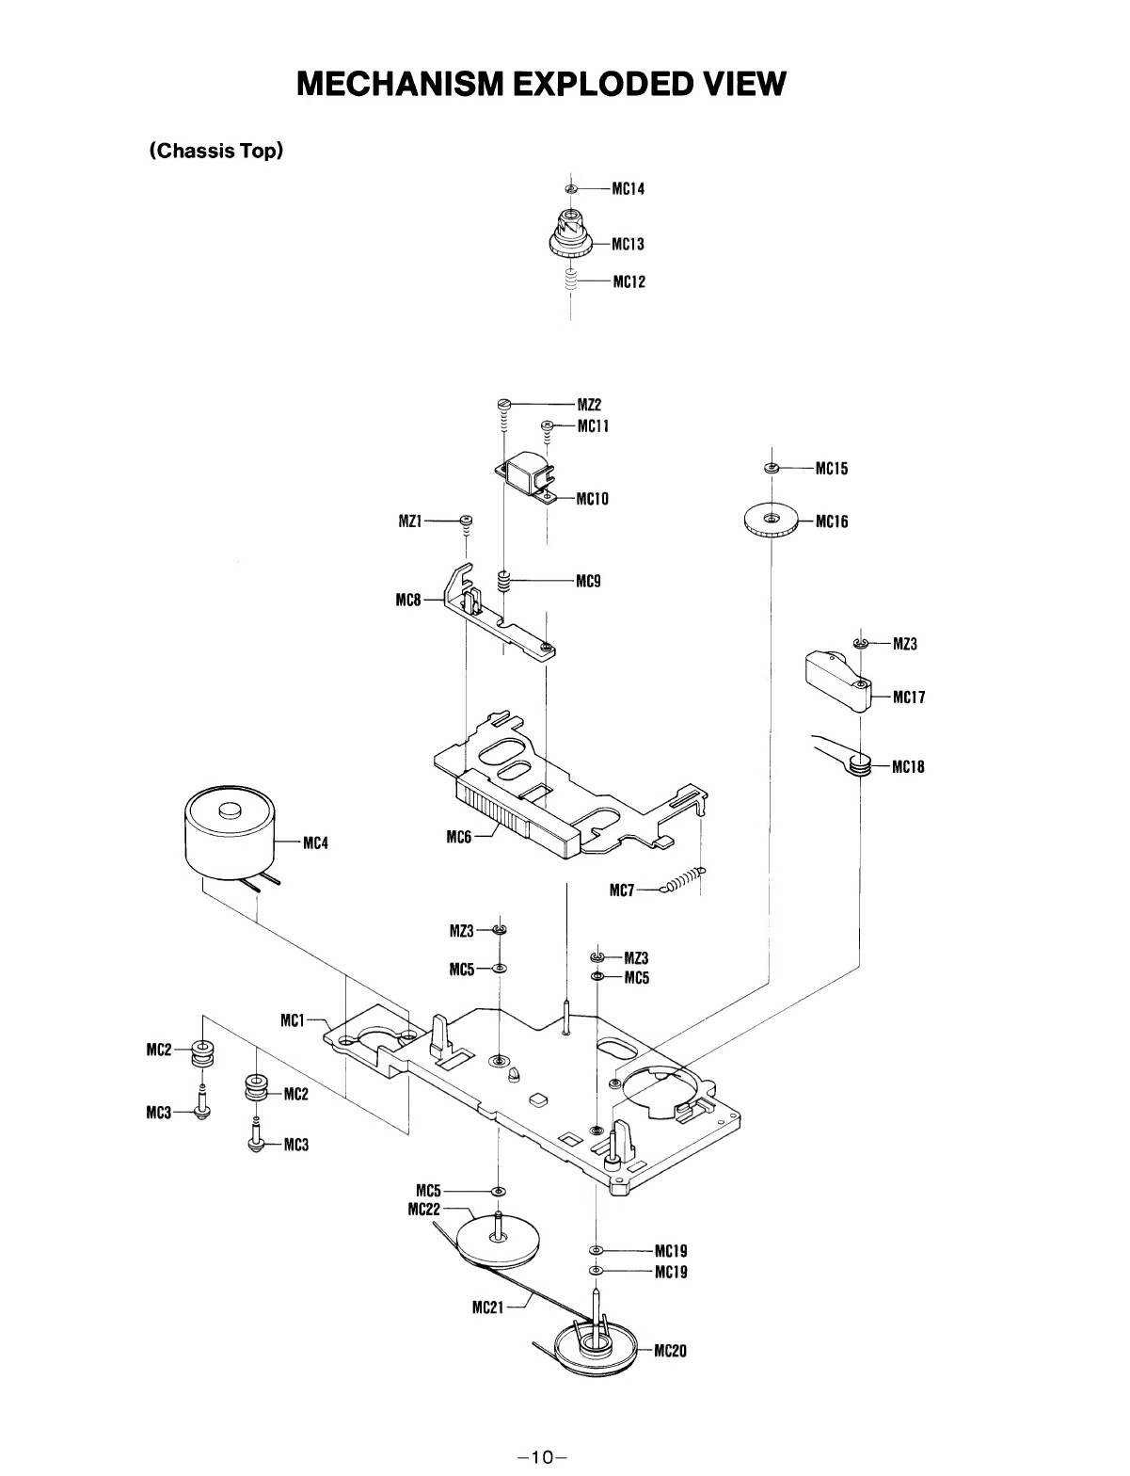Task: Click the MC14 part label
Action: (628, 189)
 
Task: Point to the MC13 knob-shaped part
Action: (571, 234)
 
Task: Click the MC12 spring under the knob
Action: (571, 280)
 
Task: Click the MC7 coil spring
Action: (683, 880)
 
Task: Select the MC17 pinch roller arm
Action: (839, 681)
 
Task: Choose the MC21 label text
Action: (488, 1308)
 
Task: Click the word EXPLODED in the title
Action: (603, 84)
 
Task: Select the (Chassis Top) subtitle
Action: (215, 151)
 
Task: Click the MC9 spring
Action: (502, 582)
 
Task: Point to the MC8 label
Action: (408, 600)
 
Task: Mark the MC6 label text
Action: (459, 837)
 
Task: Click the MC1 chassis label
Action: (293, 1020)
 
